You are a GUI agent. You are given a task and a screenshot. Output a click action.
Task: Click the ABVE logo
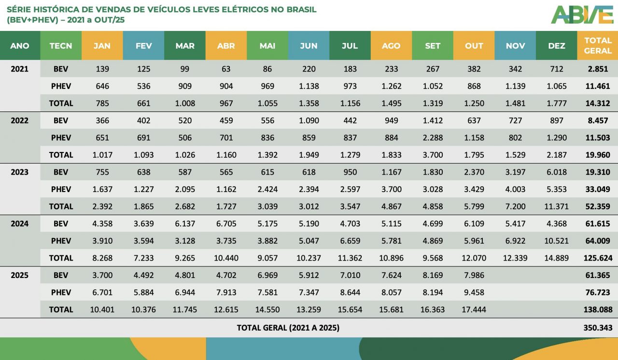point(582,14)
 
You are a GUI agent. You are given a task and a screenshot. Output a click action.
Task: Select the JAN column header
point(102,46)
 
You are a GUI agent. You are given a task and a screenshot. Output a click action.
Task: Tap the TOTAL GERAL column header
point(598,45)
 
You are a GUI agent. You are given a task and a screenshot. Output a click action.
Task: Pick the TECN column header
point(61,46)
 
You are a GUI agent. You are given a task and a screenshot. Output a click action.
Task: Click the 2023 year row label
point(19,172)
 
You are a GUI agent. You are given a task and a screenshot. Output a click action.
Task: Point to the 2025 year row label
point(19,276)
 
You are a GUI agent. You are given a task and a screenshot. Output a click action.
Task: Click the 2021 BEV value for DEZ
point(556,69)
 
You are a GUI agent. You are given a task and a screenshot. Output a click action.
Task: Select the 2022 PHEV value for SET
point(433,138)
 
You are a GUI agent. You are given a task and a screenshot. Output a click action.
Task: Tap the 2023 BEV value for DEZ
point(556,172)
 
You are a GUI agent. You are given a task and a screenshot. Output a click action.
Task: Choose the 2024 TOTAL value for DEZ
point(556,258)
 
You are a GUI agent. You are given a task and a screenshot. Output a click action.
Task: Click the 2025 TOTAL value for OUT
point(474,310)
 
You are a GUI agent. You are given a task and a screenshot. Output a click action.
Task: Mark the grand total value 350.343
point(598,328)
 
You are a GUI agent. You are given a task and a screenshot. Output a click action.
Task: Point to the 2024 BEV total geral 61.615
point(599,224)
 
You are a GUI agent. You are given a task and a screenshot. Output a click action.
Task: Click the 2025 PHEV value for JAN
point(102,292)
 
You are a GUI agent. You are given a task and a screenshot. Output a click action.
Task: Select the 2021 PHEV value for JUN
point(309,86)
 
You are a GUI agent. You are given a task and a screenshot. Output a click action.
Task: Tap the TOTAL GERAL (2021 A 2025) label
point(288,328)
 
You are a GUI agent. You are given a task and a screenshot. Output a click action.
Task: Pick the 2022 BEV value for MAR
point(185,121)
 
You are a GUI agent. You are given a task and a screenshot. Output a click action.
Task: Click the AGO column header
point(391,46)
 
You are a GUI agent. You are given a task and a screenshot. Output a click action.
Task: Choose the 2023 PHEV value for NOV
point(515,189)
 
